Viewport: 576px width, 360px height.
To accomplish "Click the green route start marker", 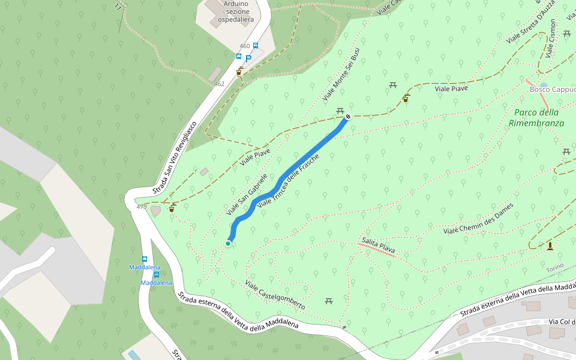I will coord(228,243).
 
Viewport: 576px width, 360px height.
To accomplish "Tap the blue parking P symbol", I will coord(248,59).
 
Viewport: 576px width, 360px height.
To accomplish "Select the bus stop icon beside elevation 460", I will coord(256,46).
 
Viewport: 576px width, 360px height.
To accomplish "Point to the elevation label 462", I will coord(219,84).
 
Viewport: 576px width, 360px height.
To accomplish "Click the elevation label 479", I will coord(142,207).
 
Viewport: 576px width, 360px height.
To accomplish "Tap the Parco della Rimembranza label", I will coord(536,118).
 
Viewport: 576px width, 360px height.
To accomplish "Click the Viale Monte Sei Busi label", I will coord(340,74).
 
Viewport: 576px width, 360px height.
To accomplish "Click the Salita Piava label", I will coord(379,245).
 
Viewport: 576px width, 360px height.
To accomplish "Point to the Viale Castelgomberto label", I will coord(275,295).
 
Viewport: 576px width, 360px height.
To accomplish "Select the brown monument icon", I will coord(550,246).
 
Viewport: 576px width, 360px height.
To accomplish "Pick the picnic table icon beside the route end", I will coord(340,111).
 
